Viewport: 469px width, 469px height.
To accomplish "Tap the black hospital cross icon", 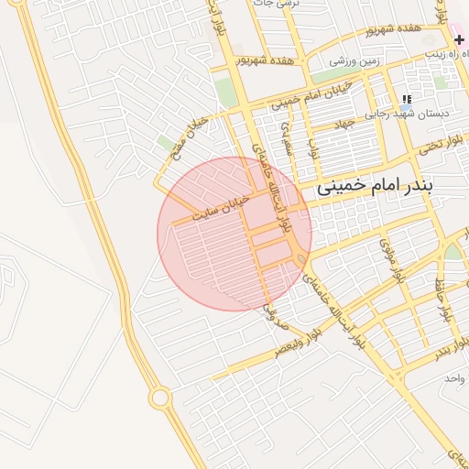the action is pyautogui.click(x=459, y=40).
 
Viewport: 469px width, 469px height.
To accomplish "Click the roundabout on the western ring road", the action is pyautogui.click(x=160, y=398).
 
